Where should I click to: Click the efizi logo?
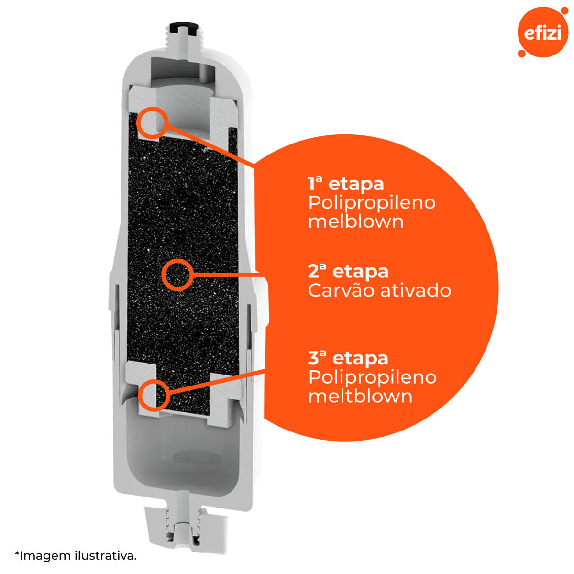(x=542, y=32)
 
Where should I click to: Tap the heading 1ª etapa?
(x=346, y=184)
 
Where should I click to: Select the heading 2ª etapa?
(x=348, y=272)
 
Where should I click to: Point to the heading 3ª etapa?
(x=348, y=358)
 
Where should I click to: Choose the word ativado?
(x=416, y=291)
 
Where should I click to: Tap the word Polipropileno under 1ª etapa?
(x=372, y=204)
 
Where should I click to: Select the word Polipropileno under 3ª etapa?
(x=372, y=378)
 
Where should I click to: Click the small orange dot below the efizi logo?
(x=521, y=53)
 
